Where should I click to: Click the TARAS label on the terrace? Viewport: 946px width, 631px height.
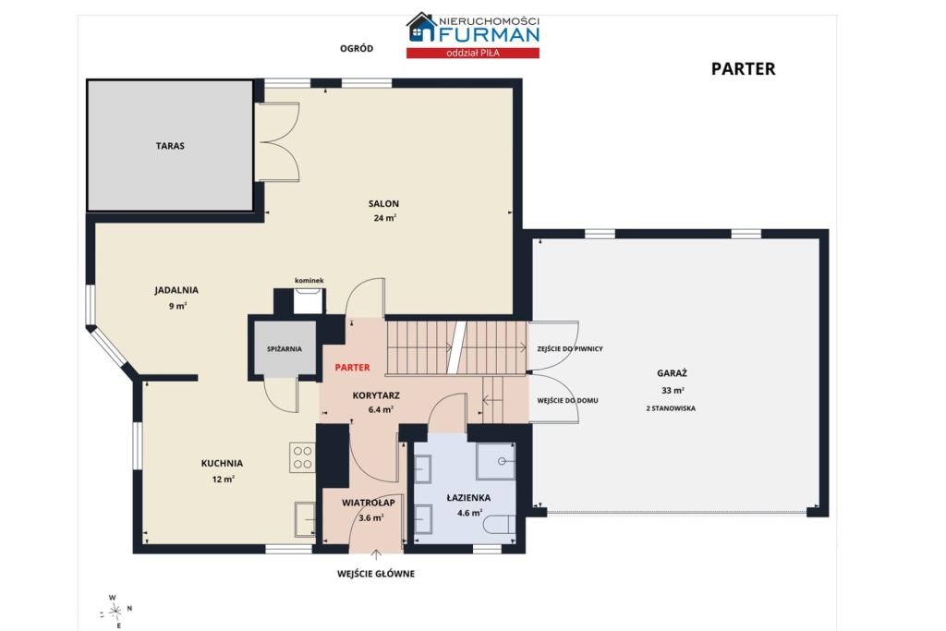170,146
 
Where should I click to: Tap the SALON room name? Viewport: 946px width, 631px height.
383,204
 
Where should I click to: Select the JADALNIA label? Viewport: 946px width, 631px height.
176,290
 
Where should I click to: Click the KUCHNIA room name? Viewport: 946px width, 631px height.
222,463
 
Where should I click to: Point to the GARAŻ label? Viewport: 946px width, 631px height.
672,373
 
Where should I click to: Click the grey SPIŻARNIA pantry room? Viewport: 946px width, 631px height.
285,348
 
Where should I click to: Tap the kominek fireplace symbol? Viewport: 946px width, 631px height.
309,300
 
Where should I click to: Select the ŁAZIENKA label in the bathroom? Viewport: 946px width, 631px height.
468,498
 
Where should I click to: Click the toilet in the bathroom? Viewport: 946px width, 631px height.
500,524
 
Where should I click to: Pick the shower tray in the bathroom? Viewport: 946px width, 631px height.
495,462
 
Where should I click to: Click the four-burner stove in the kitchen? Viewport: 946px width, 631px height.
302,458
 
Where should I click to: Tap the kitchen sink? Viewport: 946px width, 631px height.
305,519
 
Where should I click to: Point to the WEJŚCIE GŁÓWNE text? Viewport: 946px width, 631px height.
376,574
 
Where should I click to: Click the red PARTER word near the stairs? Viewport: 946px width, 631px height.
352,368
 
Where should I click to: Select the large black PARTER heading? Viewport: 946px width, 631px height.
744,68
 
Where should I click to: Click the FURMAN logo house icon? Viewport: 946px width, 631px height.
421,27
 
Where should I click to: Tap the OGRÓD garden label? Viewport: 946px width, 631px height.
357,48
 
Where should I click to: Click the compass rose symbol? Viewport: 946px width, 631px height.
115,611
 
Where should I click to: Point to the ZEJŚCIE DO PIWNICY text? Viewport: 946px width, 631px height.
570,348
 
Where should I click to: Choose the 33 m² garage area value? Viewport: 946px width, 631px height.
673,390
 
